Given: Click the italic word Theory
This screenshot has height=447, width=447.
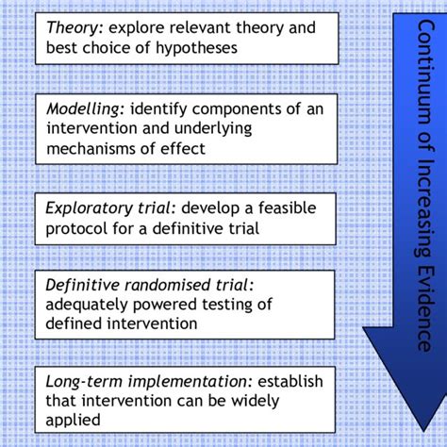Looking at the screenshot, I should (x=72, y=26).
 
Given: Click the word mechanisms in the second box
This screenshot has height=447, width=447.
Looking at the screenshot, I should (x=91, y=148).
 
